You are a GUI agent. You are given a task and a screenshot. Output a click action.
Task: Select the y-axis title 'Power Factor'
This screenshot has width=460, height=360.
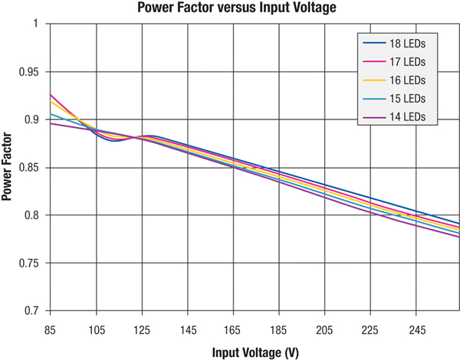coord(8,167)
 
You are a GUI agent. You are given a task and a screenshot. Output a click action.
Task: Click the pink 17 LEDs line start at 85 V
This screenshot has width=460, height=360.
coord(51,95)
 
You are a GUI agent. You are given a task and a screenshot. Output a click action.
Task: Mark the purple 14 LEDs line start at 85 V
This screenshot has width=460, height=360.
coord(51,123)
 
